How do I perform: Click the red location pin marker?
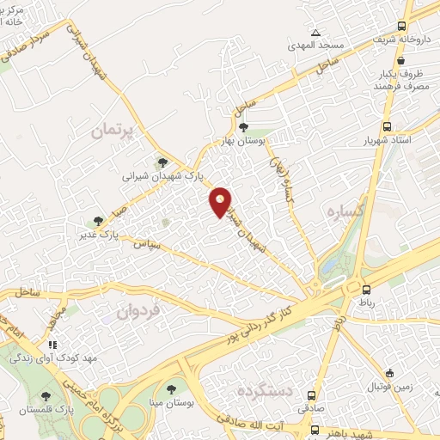pyautogui.click(x=221, y=200)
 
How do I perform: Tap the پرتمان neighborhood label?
pyautogui.click(x=113, y=132)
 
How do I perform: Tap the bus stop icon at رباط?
pyautogui.click(x=367, y=290)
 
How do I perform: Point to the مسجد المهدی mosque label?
pyautogui.click(x=316, y=44)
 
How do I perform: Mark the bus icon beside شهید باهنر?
pyautogui.click(x=315, y=429)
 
